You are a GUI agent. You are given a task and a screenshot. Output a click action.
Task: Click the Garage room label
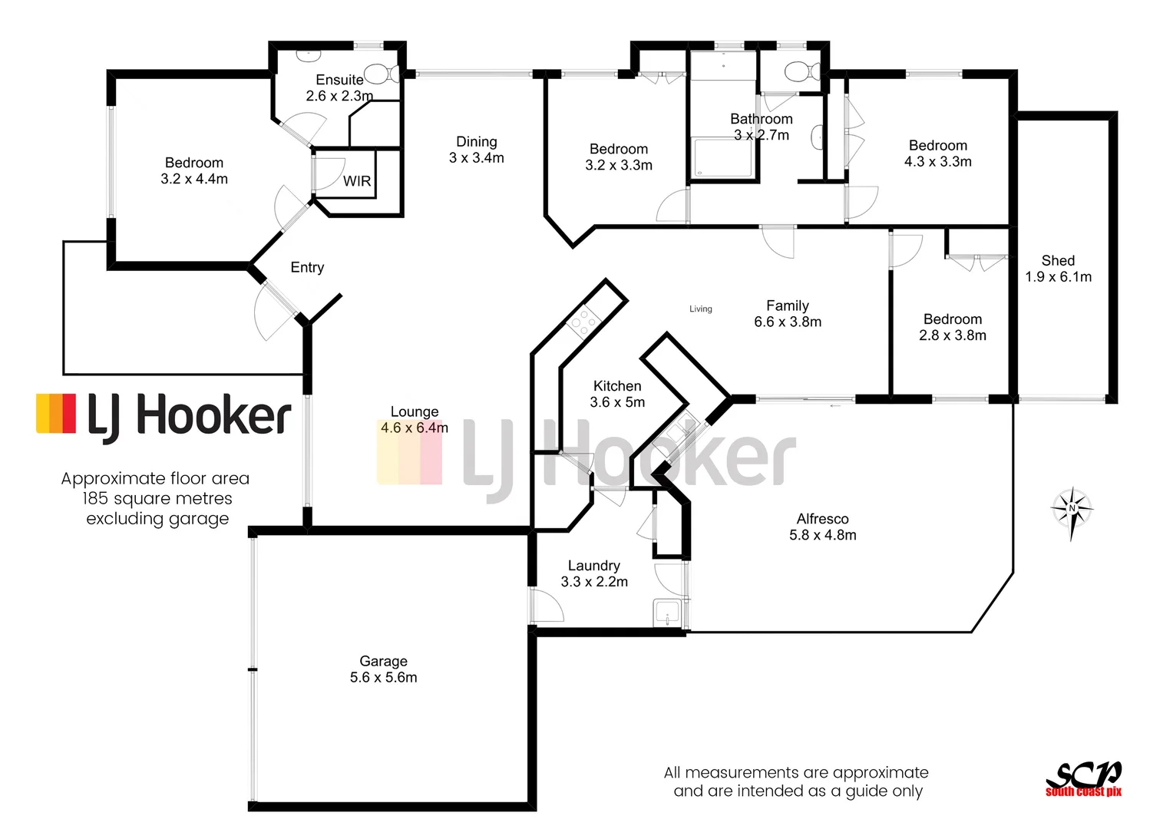pos(383,661)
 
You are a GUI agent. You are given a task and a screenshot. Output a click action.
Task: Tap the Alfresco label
pos(822,519)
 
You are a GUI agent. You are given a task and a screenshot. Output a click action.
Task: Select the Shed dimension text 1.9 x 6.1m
pos(1058,277)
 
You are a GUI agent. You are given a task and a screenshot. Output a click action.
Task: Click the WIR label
pos(357,181)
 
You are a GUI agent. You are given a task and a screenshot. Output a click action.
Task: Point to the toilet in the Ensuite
pos(381,74)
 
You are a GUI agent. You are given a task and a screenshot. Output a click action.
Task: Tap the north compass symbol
pos(1072,510)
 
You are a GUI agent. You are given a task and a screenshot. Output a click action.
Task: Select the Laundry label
pos(593,566)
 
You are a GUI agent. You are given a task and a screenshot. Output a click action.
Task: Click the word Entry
pos(307,267)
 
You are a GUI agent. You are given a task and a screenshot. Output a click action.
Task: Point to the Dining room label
pos(476,142)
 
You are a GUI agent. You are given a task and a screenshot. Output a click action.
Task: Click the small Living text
pos(700,309)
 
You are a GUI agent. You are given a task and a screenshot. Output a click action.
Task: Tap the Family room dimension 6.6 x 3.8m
pos(788,322)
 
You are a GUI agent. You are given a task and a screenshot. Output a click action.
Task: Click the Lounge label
pos(415,412)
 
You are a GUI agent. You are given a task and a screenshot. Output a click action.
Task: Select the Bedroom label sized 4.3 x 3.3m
pos(937,146)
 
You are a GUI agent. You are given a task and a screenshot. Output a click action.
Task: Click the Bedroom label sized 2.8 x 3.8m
pos(952,319)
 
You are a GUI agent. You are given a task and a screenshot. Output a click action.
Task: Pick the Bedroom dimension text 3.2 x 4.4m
pos(194,179)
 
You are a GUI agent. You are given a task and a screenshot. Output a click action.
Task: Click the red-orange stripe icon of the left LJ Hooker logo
pos(56,414)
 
